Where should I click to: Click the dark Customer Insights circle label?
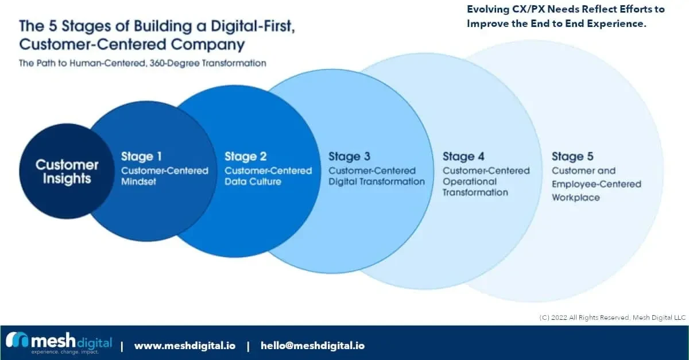(67, 172)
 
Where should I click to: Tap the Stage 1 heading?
(141, 156)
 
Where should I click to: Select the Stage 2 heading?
(246, 156)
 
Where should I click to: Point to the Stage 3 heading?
(349, 156)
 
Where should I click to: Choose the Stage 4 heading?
(463, 156)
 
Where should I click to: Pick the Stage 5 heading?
(572, 156)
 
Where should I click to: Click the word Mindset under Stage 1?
(138, 181)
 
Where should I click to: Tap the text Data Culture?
(253, 181)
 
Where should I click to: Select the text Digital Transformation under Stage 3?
(377, 181)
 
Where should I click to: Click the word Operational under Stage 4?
(470, 181)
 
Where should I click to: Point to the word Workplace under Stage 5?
(575, 198)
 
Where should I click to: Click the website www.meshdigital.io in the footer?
(185, 346)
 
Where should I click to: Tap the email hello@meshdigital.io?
(312, 346)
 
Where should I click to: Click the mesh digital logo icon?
(17, 340)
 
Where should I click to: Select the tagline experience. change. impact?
(64, 352)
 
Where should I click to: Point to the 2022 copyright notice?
(612, 318)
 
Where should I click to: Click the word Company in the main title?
(208, 45)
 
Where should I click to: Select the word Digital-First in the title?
(253, 26)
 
